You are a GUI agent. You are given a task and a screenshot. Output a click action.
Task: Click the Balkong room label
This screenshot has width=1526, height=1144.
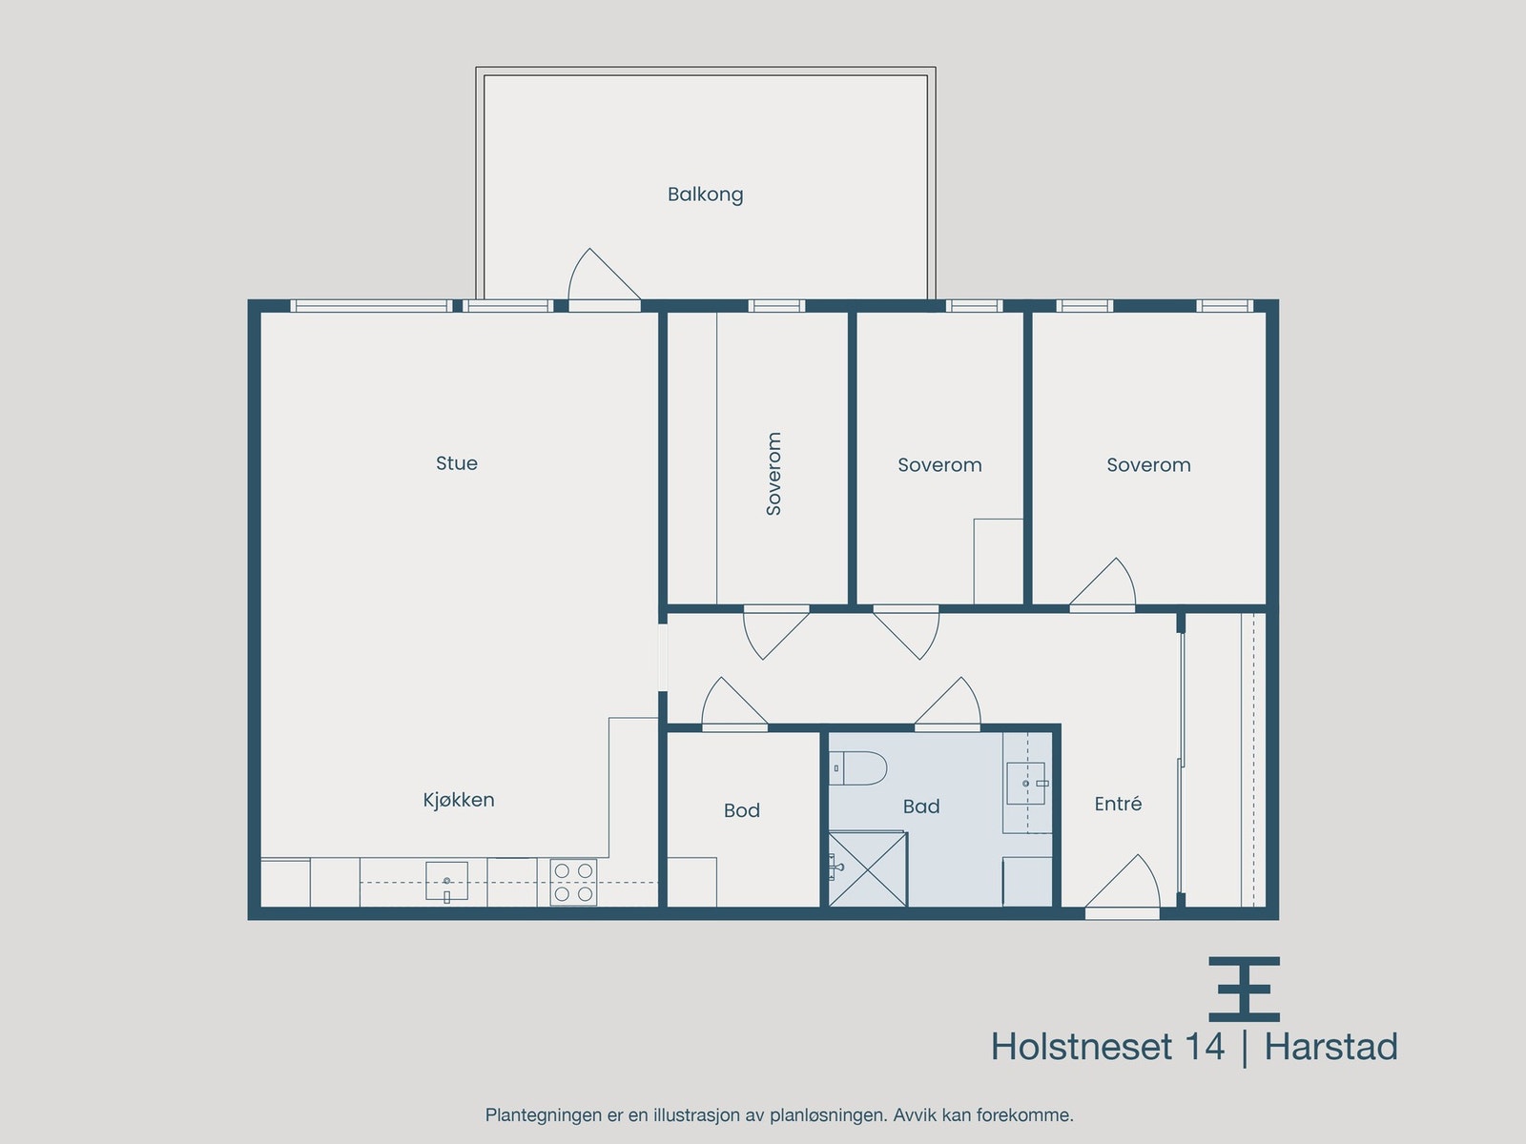705,194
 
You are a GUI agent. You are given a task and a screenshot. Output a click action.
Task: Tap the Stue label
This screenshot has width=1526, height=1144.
456,463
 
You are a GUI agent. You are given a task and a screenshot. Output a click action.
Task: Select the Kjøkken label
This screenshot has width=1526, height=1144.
459,800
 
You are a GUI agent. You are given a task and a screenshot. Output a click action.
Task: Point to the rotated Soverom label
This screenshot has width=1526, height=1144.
773,474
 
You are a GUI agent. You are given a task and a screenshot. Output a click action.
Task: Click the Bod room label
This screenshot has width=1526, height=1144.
741,810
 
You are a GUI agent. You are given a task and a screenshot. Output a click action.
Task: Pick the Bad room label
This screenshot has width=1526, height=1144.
921,807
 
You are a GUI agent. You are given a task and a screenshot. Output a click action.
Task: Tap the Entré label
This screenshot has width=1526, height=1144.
1118,804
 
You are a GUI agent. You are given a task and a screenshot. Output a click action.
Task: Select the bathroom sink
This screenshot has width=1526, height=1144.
1026,784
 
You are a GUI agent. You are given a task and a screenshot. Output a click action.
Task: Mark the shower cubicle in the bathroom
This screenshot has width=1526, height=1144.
866,869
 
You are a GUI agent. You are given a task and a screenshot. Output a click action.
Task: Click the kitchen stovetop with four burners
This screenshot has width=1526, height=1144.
573,882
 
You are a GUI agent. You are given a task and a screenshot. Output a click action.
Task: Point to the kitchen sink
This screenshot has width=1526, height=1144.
446,880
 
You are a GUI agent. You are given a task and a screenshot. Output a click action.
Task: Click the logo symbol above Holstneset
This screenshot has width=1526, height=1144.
1244,989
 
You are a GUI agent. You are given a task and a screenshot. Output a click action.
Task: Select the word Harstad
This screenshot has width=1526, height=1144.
1330,1047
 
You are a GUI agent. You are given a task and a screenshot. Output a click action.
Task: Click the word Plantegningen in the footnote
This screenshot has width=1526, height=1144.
543,1114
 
